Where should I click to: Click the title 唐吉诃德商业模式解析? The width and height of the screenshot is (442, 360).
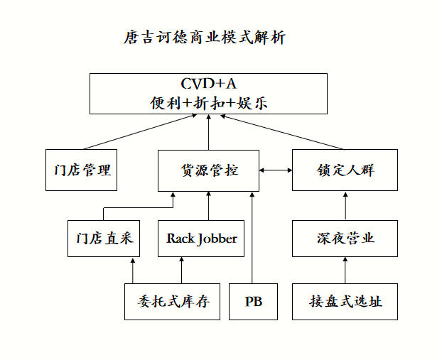point(204,38)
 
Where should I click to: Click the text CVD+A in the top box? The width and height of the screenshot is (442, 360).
point(208,84)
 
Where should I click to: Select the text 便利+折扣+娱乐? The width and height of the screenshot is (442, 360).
point(208,102)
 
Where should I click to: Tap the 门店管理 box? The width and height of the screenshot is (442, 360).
point(81,170)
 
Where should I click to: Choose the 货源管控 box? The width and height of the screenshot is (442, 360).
point(208,170)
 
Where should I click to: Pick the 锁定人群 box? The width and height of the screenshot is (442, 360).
point(345,170)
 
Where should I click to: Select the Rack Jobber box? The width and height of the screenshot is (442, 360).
point(202,239)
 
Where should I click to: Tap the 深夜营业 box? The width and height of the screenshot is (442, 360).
point(345,239)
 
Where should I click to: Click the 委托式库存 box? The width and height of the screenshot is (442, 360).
point(173,301)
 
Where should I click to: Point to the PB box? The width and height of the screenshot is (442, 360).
point(253,301)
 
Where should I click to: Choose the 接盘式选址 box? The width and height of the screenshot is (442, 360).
point(345,301)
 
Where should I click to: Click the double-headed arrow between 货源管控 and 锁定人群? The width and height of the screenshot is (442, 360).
point(276,170)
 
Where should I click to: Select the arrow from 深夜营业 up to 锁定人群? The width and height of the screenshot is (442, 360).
point(345,206)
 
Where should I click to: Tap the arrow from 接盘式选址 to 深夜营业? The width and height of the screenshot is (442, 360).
point(345,270)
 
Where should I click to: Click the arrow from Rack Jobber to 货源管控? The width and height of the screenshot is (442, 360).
point(208,206)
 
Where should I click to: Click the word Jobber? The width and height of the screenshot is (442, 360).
point(216,239)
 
